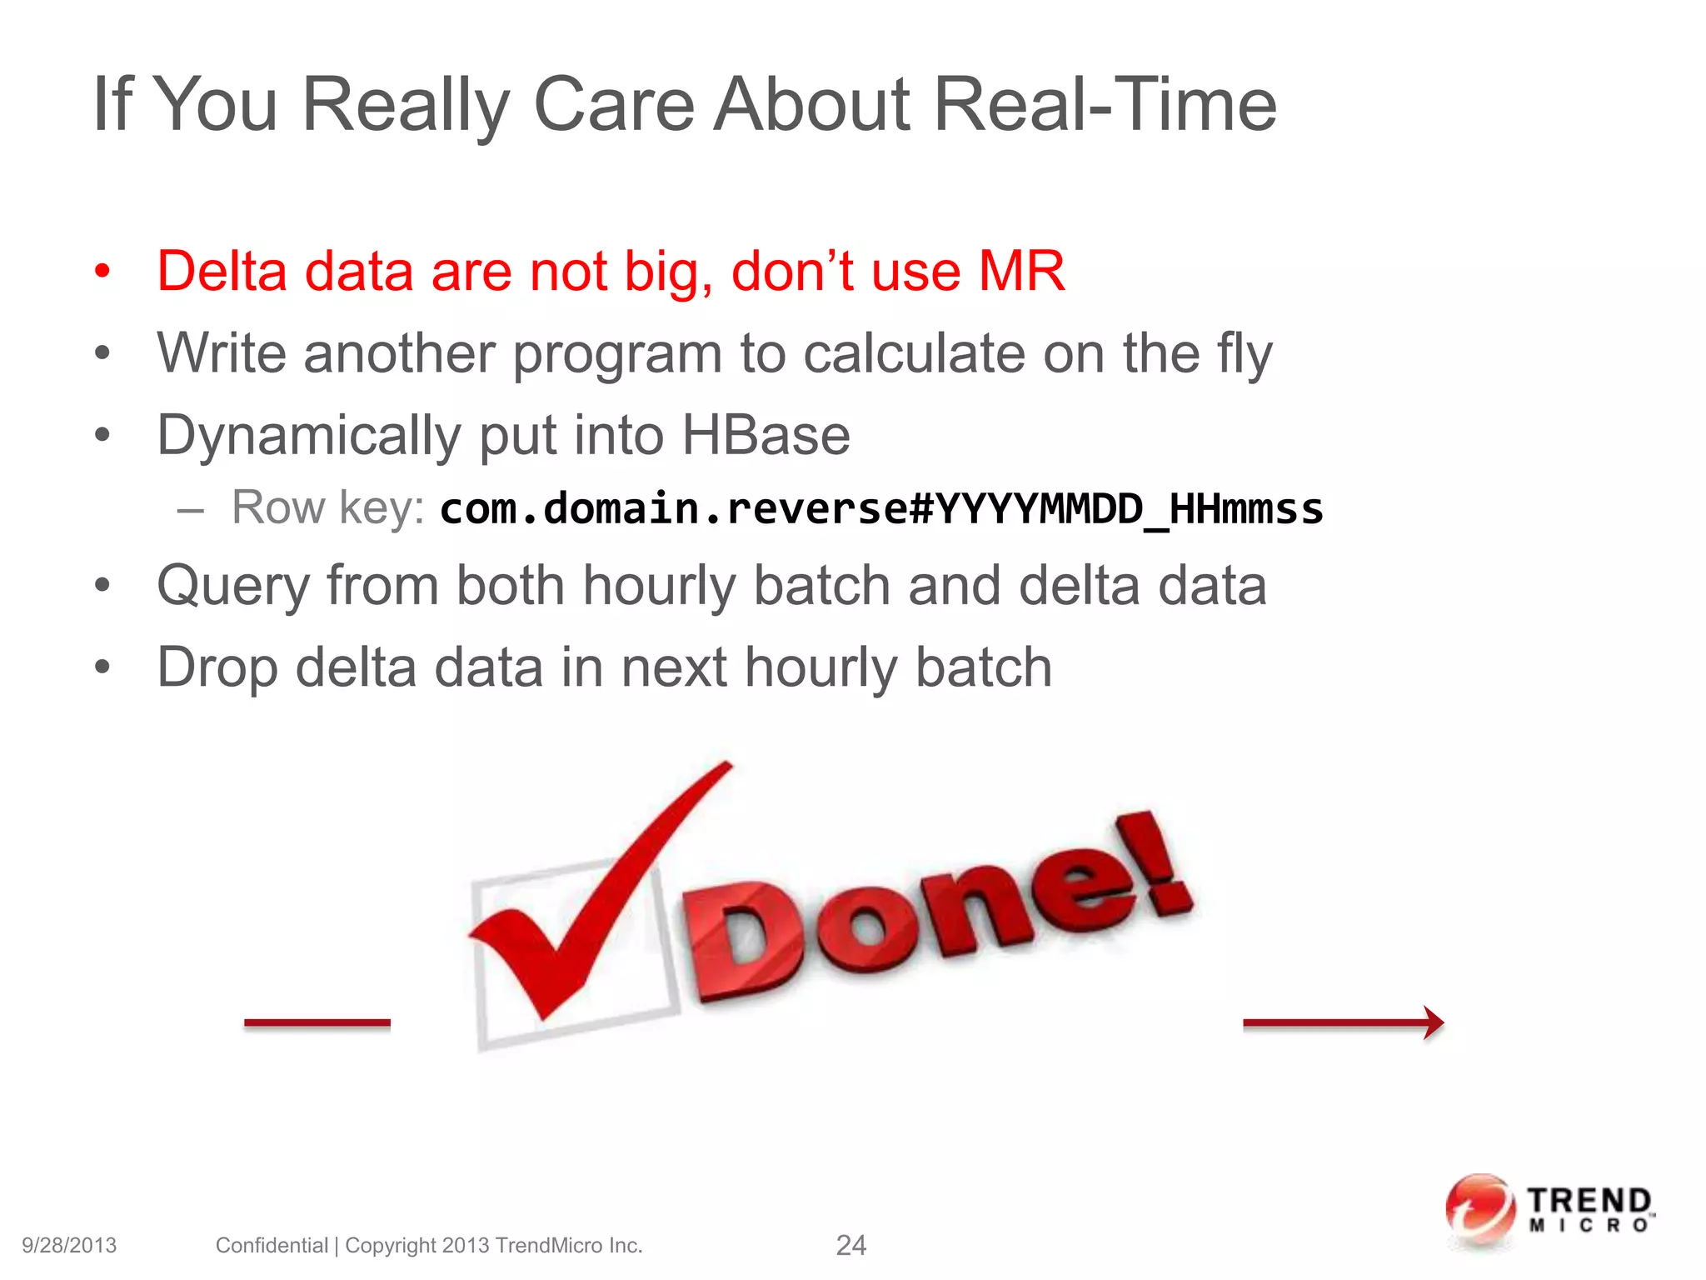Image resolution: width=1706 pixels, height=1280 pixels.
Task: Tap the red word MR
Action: coord(1021,271)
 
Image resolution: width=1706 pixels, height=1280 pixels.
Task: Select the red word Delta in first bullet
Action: coord(222,271)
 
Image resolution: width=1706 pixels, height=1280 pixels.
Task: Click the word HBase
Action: coord(766,435)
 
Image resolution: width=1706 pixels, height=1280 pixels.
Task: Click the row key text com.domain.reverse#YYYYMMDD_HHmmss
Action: coord(881,508)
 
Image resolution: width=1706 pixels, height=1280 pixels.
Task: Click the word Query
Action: coord(233,586)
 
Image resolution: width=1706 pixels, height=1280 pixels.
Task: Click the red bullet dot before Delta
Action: coord(102,271)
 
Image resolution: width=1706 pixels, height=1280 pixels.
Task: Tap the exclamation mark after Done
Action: coord(1154,867)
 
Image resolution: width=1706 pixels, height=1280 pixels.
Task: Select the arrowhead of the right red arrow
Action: coord(1433,1022)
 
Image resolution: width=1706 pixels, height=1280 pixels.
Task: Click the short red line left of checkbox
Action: coord(317,1022)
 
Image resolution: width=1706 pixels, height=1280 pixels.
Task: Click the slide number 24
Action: coord(851,1245)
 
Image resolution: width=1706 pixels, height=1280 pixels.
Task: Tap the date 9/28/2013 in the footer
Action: coord(69,1245)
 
